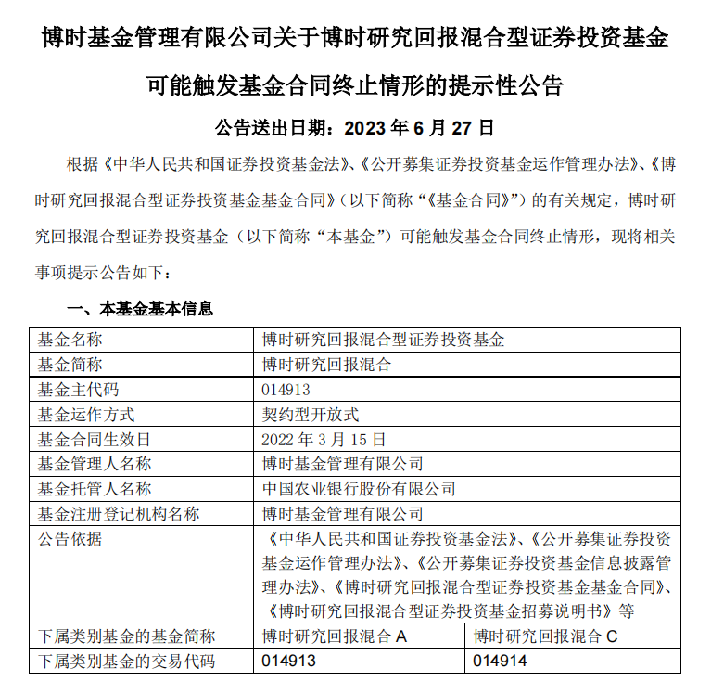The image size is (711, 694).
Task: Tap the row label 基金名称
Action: tap(70, 340)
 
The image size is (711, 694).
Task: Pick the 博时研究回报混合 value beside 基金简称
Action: tap(327, 365)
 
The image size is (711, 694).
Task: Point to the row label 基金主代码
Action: tap(78, 390)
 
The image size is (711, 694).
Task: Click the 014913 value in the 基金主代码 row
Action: tap(287, 390)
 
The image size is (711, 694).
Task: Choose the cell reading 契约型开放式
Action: tap(311, 415)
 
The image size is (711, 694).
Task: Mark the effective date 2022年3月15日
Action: tap(324, 439)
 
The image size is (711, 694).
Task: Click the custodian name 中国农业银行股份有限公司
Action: tap(360, 488)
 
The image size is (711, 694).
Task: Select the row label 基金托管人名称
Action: tap(94, 488)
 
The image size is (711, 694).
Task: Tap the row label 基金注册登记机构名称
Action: tap(118, 513)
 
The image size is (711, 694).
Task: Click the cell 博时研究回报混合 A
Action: tap(336, 636)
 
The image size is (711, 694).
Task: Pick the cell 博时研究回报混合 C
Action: tap(545, 636)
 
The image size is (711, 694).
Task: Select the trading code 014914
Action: tap(500, 662)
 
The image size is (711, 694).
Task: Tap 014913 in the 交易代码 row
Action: tap(290, 662)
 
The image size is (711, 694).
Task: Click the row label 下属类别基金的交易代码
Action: tap(126, 662)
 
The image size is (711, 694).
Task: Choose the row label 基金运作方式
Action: tap(85, 415)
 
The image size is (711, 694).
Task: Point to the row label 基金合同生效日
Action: tap(94, 439)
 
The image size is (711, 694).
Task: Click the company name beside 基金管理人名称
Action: tap(343, 464)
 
